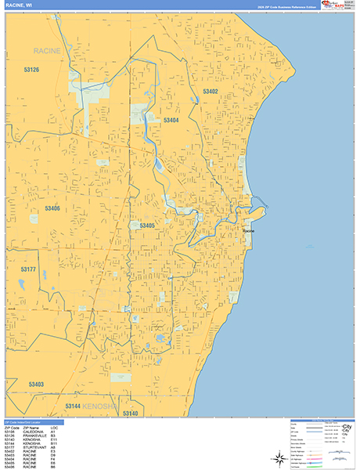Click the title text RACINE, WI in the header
pos(18,5)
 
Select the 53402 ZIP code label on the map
pos(211,92)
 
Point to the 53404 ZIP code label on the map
pos(171,121)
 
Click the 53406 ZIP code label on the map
pos(52,208)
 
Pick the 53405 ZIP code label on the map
pos(148,226)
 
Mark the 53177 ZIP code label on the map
pos(28,269)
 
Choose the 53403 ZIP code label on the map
pos(35,385)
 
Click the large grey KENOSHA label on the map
pos(101,407)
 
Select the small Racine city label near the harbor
pos(249,232)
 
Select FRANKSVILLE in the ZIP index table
pos(34,436)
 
